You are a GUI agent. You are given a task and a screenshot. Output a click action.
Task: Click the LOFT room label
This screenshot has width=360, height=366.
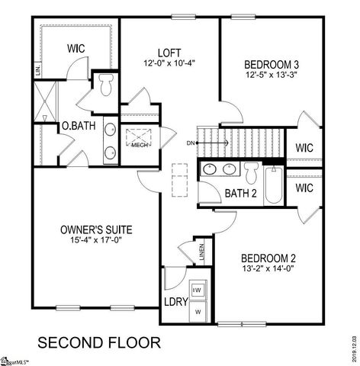coord(169,53)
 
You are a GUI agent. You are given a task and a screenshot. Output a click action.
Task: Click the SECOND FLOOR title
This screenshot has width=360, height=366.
coord(99,341)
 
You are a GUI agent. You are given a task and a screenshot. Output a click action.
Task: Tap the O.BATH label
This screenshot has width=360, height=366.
coord(79,126)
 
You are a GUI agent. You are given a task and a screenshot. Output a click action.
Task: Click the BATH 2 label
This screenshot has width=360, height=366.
coord(239,193)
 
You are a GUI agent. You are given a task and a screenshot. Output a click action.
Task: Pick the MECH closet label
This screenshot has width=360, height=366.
coord(139,144)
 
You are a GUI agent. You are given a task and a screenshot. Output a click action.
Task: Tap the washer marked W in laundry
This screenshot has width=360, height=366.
coord(198,310)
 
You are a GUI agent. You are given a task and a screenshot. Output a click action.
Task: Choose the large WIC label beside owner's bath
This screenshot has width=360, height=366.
coord(75,49)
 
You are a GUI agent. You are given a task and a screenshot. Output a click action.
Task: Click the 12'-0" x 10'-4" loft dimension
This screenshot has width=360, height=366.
coord(169,63)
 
